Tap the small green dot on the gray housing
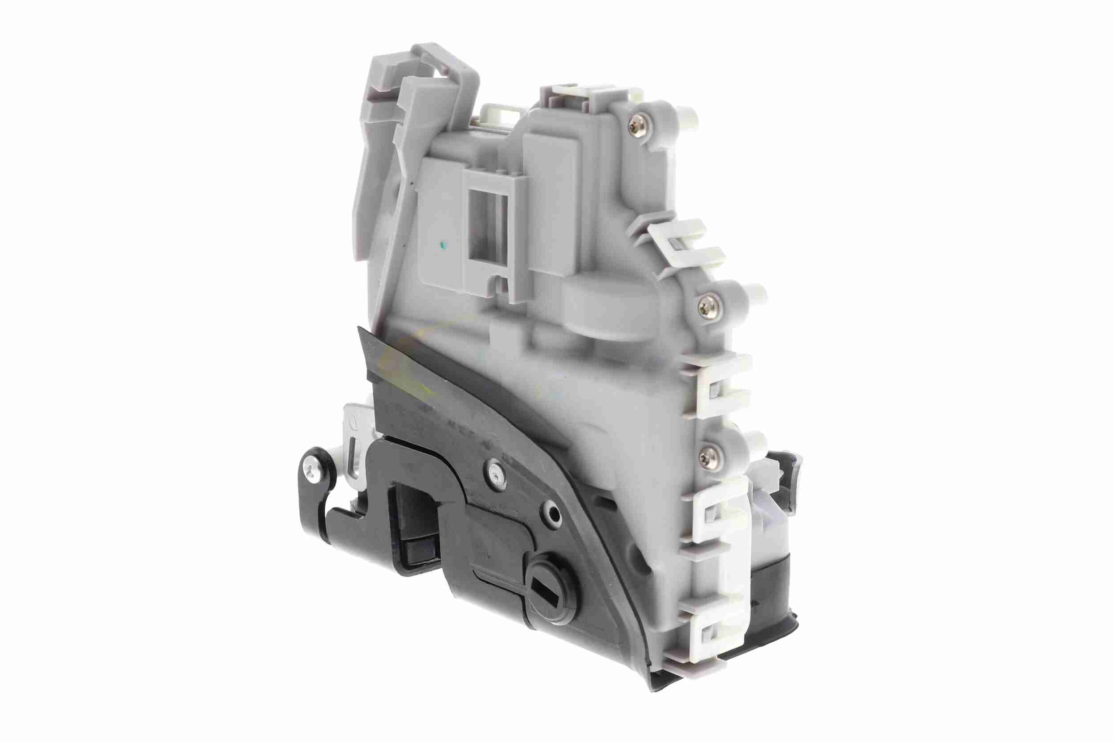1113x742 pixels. [442, 245]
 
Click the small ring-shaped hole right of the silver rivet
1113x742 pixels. [552, 512]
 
